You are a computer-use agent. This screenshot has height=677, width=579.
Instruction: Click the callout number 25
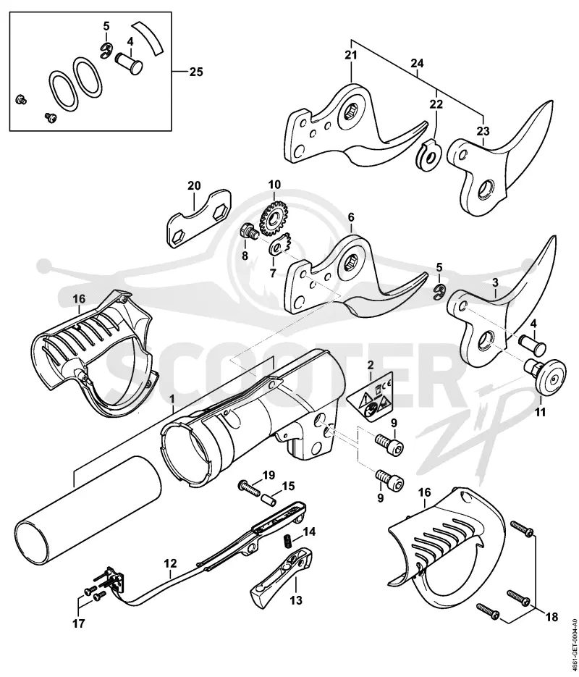[x=196, y=71]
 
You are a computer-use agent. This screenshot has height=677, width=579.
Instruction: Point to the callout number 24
[x=417, y=64]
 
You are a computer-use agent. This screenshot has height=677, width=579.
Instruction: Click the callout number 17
[x=79, y=623]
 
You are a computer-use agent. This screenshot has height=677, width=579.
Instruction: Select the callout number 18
[x=551, y=617]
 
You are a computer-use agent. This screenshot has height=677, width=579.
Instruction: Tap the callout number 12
[x=170, y=563]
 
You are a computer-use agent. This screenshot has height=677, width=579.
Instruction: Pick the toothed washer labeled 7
[x=282, y=245]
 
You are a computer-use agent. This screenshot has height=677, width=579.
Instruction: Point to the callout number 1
[x=172, y=396]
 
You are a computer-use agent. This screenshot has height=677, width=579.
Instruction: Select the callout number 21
[x=351, y=55]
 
